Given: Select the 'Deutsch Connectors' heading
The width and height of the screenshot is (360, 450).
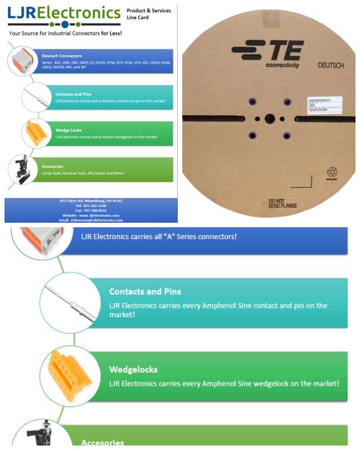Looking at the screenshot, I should point(62,56).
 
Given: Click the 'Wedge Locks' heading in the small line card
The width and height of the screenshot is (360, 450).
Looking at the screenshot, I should point(69,130).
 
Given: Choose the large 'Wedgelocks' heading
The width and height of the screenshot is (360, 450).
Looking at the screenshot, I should point(133,370).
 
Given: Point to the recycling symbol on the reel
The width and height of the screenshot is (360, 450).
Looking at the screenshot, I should point(332,173).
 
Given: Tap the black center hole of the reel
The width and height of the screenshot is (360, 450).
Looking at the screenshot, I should point(269,119).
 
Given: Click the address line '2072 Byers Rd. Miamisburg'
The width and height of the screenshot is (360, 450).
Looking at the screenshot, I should point(91,201).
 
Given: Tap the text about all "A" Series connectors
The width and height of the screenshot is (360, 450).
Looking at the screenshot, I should point(159,236).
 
